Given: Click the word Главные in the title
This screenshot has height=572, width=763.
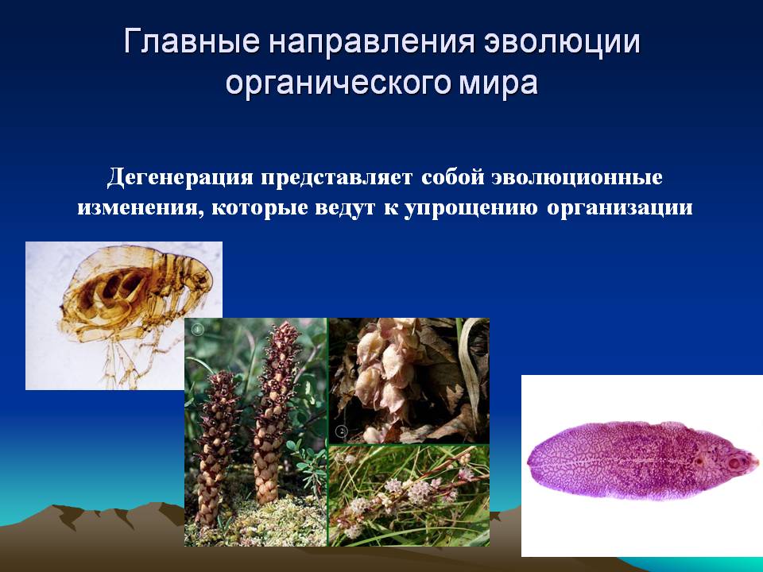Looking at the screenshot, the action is click(192, 41).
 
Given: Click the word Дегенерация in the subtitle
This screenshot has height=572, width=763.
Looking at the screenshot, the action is click(180, 177).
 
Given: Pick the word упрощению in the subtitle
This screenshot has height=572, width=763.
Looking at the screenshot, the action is click(471, 208).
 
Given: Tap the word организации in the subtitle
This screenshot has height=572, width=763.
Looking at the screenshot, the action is click(619, 208).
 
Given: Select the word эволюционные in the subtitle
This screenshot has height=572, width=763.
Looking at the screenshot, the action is click(577, 177).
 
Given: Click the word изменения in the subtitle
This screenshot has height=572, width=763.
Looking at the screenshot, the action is click(140, 208).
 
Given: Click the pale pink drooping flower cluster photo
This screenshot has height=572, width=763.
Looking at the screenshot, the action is click(409, 381).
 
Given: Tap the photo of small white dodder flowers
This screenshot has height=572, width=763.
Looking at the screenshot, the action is click(409, 496).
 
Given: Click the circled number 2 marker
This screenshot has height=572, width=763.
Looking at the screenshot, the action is click(342, 431).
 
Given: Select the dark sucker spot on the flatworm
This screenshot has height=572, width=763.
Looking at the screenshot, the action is click(734, 462).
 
